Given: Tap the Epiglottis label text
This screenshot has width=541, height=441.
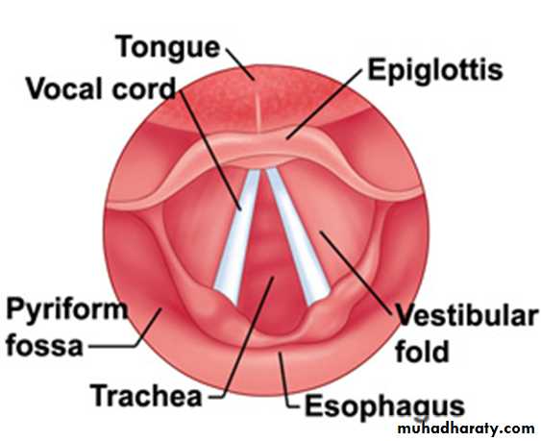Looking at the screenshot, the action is (435, 71).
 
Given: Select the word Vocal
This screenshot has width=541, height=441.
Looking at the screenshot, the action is (66, 88).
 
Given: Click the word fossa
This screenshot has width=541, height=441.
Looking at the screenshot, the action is (44, 346).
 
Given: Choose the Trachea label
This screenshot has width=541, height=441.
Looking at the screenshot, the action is (146, 396).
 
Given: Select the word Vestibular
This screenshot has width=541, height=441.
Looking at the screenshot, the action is (466, 315).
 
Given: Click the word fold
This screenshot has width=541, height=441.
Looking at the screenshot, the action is (422, 351).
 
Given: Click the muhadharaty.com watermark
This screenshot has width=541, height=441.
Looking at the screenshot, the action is (466, 429).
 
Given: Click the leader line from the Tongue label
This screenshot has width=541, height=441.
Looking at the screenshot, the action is (240, 64).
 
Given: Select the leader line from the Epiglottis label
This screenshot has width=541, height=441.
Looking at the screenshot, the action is (324, 104).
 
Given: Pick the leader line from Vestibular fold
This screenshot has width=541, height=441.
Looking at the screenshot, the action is (356, 273).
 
